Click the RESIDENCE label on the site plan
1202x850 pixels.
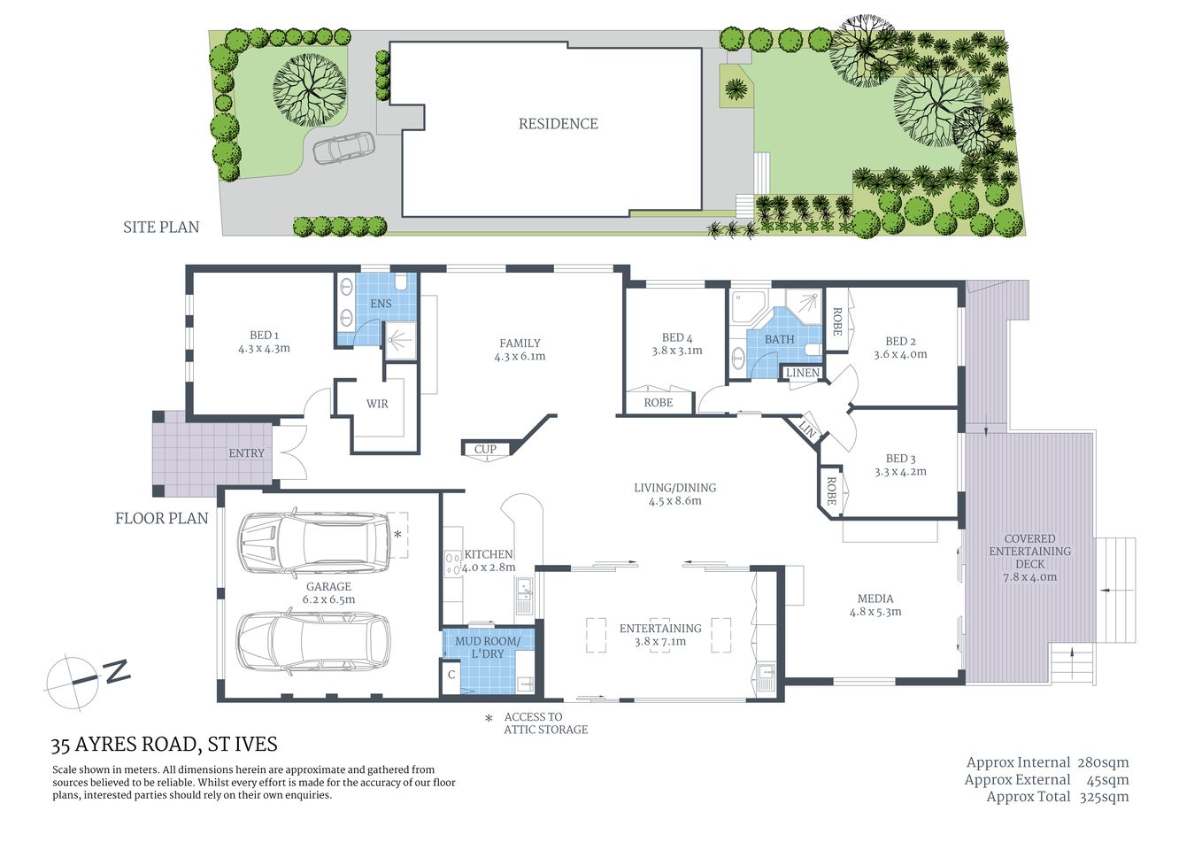tap(558, 124)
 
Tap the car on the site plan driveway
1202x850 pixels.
tap(344, 148)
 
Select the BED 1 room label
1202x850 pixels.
tap(264, 336)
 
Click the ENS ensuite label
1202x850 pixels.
tap(381, 304)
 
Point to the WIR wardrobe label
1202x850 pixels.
tap(377, 404)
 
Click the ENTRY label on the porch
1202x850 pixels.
tap(246, 453)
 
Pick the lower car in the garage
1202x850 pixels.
tap(313, 639)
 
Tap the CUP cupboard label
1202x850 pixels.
tap(485, 449)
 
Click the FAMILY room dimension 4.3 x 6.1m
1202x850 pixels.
tap(520, 357)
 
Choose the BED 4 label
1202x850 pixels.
tap(677, 337)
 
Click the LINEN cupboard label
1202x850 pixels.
tap(803, 373)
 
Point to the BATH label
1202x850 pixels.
tap(779, 339)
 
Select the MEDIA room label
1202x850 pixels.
tap(875, 599)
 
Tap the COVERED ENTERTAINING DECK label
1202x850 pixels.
tap(1029, 551)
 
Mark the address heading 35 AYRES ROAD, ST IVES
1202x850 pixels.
tap(165, 745)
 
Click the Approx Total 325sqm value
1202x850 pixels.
tap(1103, 796)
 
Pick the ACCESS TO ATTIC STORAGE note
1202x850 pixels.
tap(545, 723)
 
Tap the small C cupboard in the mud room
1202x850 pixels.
tap(451, 675)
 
